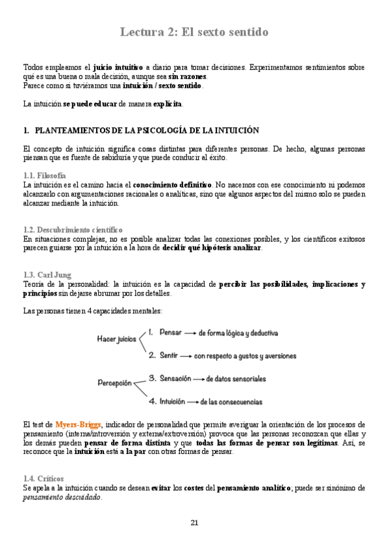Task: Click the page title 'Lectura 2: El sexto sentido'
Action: point(194,32)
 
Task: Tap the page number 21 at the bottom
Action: point(194,523)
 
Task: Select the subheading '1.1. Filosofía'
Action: point(44,176)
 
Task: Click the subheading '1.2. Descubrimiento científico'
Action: point(72,230)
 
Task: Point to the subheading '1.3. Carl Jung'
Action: point(47,275)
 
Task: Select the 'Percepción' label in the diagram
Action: point(114,383)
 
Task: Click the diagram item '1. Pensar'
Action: point(165,332)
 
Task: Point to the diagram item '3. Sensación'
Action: point(171,378)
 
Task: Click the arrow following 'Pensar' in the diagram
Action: point(190,333)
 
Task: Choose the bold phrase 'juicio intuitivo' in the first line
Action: point(118,67)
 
